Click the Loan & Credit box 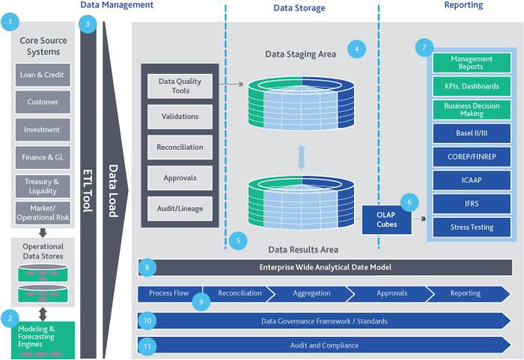43,75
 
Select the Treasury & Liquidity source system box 43,186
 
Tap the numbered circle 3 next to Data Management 88,23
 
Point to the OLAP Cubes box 386,219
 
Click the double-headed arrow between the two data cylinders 301,156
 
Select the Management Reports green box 472,63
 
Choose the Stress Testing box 472,227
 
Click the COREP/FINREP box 472,157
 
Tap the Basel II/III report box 472,134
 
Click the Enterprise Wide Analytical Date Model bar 325,267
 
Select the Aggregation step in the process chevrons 312,293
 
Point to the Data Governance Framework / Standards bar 325,321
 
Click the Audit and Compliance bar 325,345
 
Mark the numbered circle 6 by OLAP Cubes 409,201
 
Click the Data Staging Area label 300,54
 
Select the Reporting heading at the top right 463,6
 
